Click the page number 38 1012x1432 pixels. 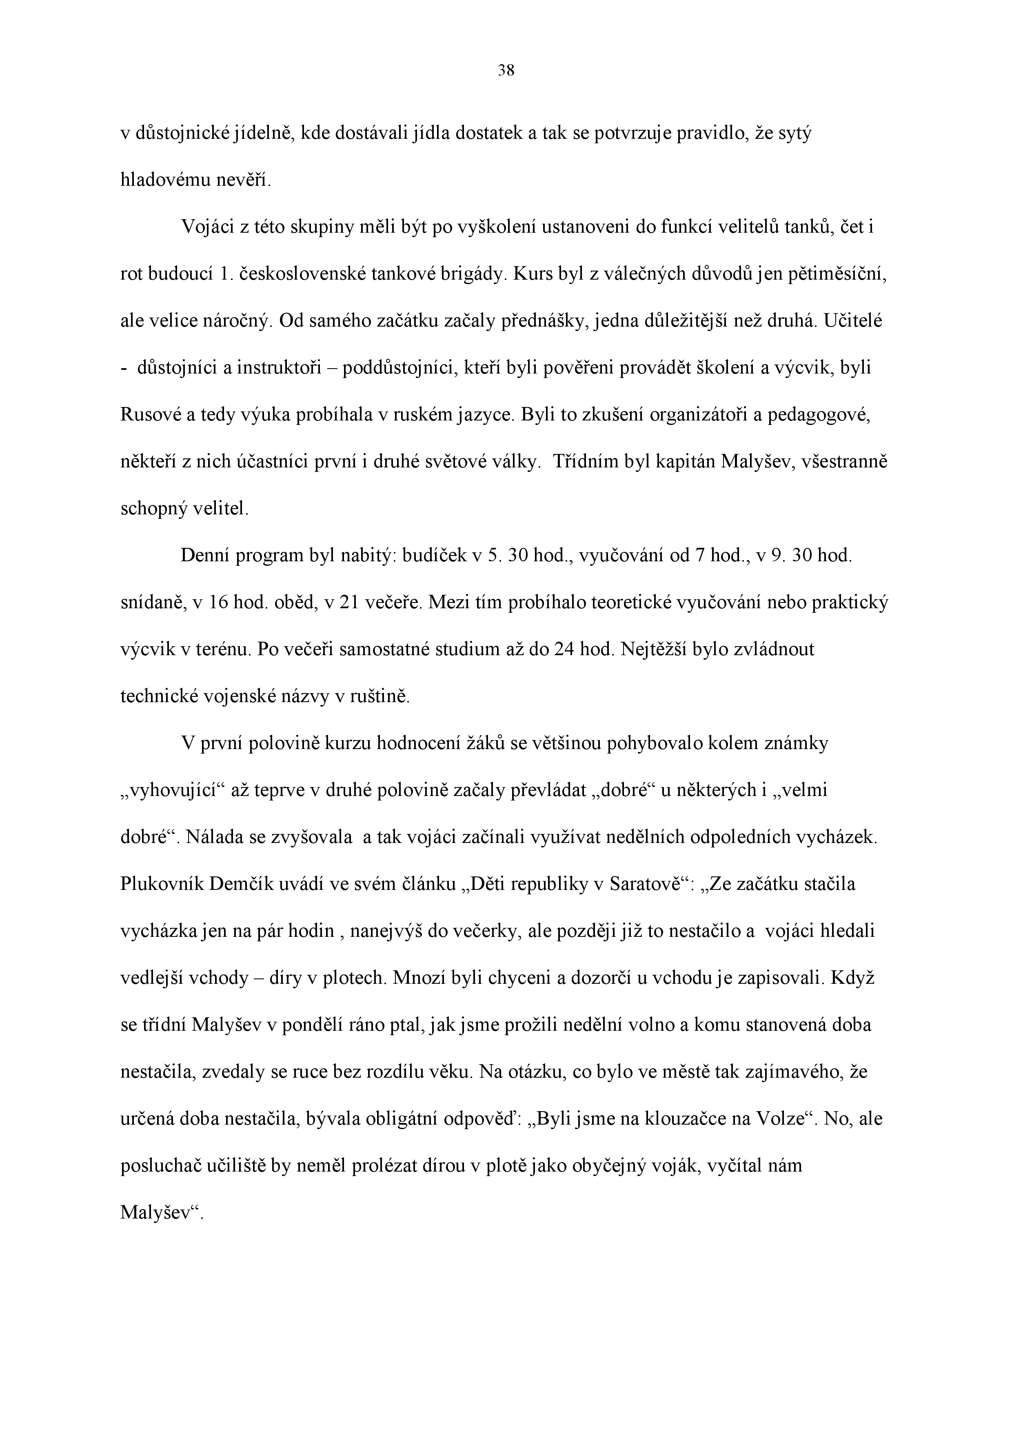tap(506, 71)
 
